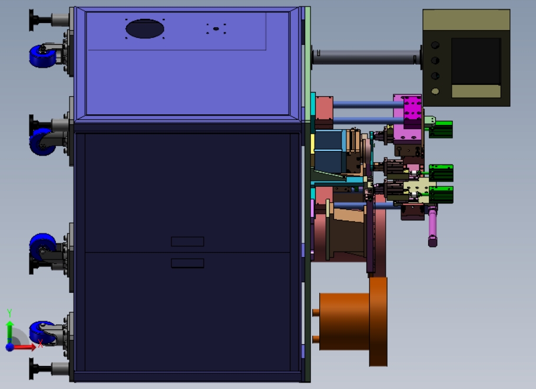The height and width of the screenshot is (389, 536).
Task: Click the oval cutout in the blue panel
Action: [x=144, y=28]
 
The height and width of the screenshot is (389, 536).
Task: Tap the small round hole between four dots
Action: [x=216, y=29]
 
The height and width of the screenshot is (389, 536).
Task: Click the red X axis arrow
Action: [x=23, y=347]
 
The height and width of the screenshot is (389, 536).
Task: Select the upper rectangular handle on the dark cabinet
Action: [x=187, y=242]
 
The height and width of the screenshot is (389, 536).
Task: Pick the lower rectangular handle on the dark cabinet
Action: [x=187, y=263]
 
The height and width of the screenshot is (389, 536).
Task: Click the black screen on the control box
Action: [x=476, y=61]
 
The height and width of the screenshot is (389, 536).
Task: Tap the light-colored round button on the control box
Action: [x=435, y=91]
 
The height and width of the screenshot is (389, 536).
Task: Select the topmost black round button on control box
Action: [x=435, y=45]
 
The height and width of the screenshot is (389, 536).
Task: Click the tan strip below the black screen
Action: [x=476, y=91]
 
